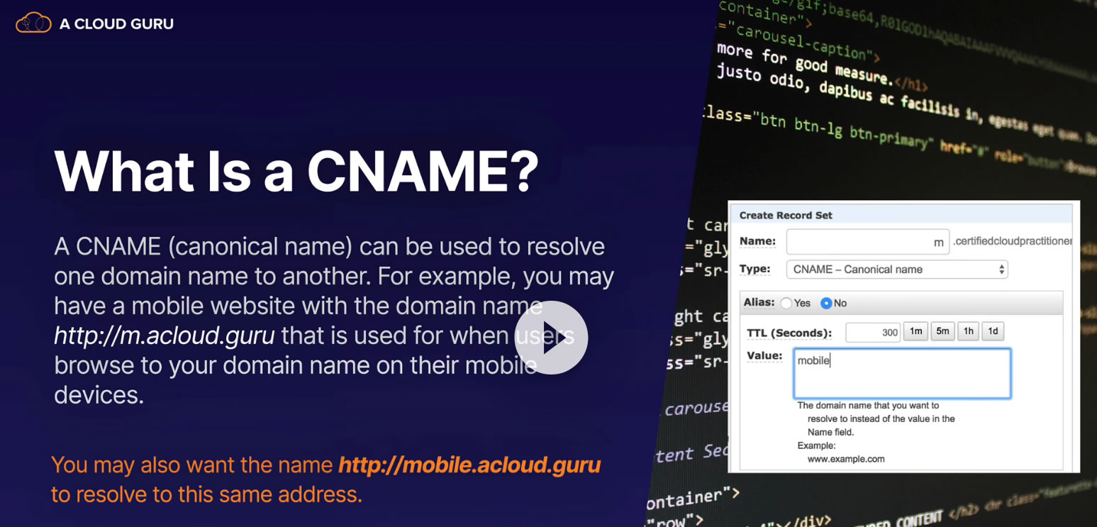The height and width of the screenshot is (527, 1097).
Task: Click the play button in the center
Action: pyautogui.click(x=551, y=338)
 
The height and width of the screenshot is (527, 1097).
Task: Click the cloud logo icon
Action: pyautogui.click(x=33, y=23)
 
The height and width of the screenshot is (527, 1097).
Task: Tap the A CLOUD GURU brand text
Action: pyautogui.click(x=116, y=24)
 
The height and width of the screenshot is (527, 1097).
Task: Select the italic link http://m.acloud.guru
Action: pyautogui.click(x=164, y=335)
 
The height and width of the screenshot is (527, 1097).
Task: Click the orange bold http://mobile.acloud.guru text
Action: pyautogui.click(x=469, y=465)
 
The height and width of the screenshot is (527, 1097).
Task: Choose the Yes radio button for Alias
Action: pyautogui.click(x=786, y=304)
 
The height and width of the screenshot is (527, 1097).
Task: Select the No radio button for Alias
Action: pyautogui.click(x=826, y=304)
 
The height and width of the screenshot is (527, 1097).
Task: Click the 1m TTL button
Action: pyautogui.click(x=915, y=331)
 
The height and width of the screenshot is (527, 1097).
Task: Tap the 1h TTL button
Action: pyautogui.click(x=968, y=331)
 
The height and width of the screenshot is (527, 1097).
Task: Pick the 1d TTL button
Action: pyautogui.click(x=993, y=331)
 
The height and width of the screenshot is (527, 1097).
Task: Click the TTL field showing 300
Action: pyautogui.click(x=873, y=332)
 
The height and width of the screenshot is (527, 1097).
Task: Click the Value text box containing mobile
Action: pyautogui.click(x=901, y=373)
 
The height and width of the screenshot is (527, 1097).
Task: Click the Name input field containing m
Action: pyautogui.click(x=867, y=242)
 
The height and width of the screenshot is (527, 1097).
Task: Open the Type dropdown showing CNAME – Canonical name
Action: pyautogui.click(x=896, y=270)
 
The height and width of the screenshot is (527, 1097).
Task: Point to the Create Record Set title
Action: pyautogui.click(x=786, y=216)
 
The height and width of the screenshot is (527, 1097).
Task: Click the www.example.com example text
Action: pyautogui.click(x=846, y=459)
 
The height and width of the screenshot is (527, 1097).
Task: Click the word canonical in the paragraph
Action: pyautogui.click(x=225, y=247)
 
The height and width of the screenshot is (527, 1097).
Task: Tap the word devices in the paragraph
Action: pyautogui.click(x=99, y=394)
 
